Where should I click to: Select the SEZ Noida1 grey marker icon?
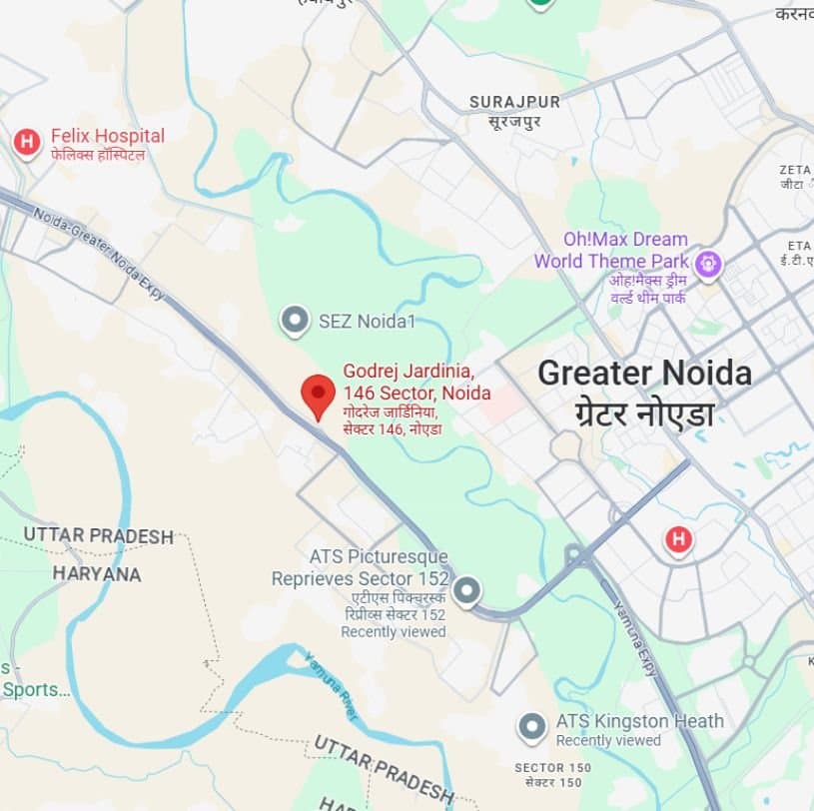[x=295, y=321]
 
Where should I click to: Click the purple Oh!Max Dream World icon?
[x=709, y=264]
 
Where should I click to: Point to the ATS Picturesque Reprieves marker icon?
[x=466, y=592]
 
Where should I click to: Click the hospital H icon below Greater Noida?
[x=679, y=540]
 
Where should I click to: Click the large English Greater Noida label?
[x=644, y=374]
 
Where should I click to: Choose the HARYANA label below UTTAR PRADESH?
[x=97, y=574]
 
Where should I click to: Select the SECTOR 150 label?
[x=552, y=767]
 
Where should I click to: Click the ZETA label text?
[x=795, y=170]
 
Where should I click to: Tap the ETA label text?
[x=798, y=245]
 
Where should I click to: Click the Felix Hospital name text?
[x=107, y=136]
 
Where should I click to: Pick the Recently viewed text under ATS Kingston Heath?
[x=608, y=740]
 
